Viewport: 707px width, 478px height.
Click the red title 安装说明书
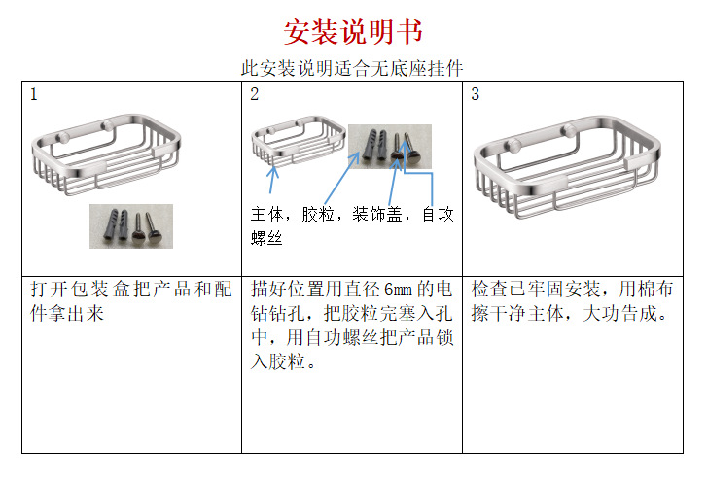tap(353, 31)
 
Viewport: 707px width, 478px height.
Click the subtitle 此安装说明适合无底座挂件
tap(352, 68)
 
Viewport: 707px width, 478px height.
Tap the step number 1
tap(34, 94)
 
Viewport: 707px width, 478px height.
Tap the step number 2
tap(254, 94)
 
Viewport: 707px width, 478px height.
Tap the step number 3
tap(475, 94)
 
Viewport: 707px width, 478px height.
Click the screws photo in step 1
tap(130, 225)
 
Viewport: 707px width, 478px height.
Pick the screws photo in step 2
tap(390, 146)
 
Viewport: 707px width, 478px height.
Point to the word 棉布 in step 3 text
tap(661, 290)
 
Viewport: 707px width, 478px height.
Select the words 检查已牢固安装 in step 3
tap(534, 290)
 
